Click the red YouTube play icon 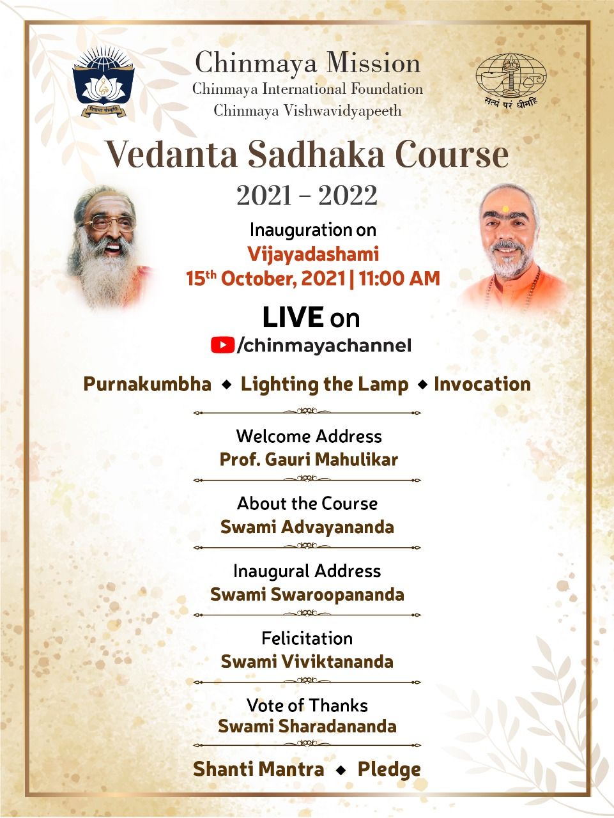coord(222,344)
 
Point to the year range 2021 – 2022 coord(307,196)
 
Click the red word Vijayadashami coord(313,254)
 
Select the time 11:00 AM coord(399,279)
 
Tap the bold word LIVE coord(293,318)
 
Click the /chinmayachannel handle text coord(324,346)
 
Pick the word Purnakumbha coord(148,385)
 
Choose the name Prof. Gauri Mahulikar coord(309,459)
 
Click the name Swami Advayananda coord(307,527)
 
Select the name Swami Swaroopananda coord(307,595)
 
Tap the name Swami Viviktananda coord(307,662)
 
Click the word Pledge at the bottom coord(389,770)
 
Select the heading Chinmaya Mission coord(308,63)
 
